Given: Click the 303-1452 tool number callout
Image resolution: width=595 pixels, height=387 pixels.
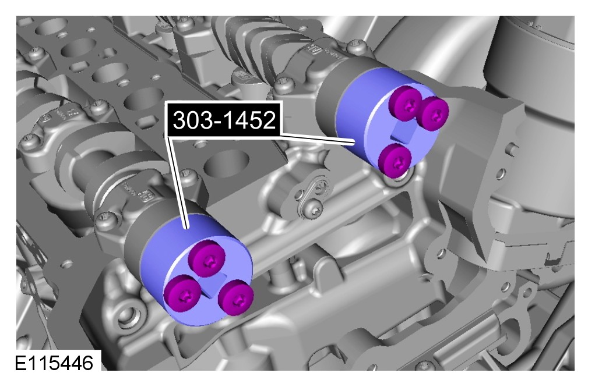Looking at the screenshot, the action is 224,120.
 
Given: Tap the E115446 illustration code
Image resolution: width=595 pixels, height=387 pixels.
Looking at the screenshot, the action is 54,363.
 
